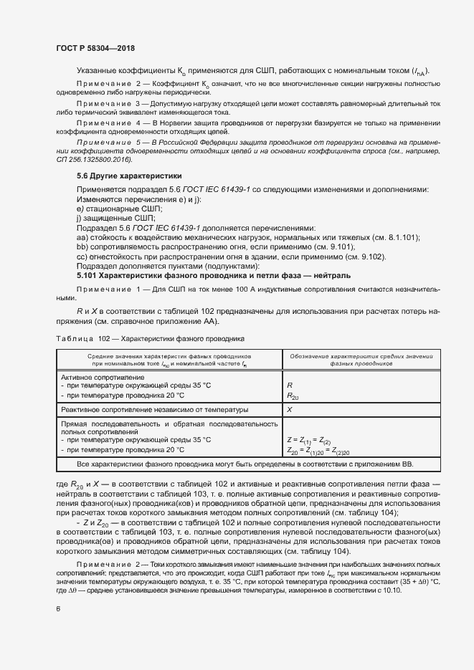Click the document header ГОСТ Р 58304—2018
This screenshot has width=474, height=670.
pos(95,48)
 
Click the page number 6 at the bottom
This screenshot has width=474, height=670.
pos(57,609)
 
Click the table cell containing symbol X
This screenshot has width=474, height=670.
pos(290,410)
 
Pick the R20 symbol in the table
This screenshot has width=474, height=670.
pos(292,395)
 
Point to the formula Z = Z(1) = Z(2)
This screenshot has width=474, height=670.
pos(308,440)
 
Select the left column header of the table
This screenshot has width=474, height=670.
pos(169,360)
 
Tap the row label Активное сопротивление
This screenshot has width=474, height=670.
pos(103,377)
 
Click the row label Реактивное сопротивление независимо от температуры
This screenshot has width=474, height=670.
pos(155,410)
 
